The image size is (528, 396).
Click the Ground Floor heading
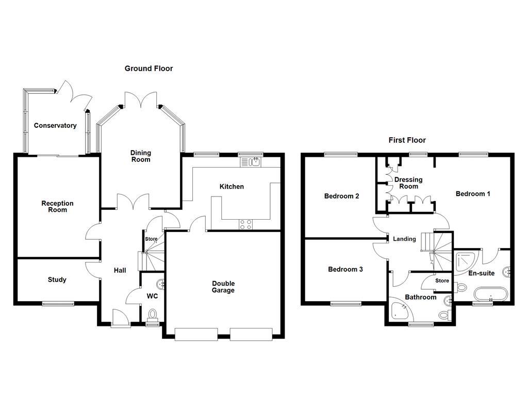pyautogui.click(x=148, y=69)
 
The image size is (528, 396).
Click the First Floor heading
pyautogui.click(x=407, y=140)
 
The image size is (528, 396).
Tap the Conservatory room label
pyautogui.click(x=55, y=126)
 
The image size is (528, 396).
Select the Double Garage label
pyautogui.click(x=223, y=287)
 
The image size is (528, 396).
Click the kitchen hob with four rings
pyautogui.click(x=245, y=224)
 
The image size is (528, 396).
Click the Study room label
pyautogui.click(x=57, y=279)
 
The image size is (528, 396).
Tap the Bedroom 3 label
pyautogui.click(x=345, y=269)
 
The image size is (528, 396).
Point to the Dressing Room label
pyautogui.click(x=408, y=183)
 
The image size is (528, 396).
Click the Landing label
pyautogui.click(x=404, y=239)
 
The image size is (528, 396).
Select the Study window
pyautogui.click(x=58, y=304)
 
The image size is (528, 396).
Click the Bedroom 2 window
pyautogui.click(x=341, y=154)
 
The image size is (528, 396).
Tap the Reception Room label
pyautogui.click(x=58, y=206)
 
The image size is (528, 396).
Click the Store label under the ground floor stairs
pyautogui.click(x=151, y=239)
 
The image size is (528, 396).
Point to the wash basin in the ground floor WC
pyautogui.click(x=161, y=284)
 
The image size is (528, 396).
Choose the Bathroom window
pyautogui.click(x=421, y=325)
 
